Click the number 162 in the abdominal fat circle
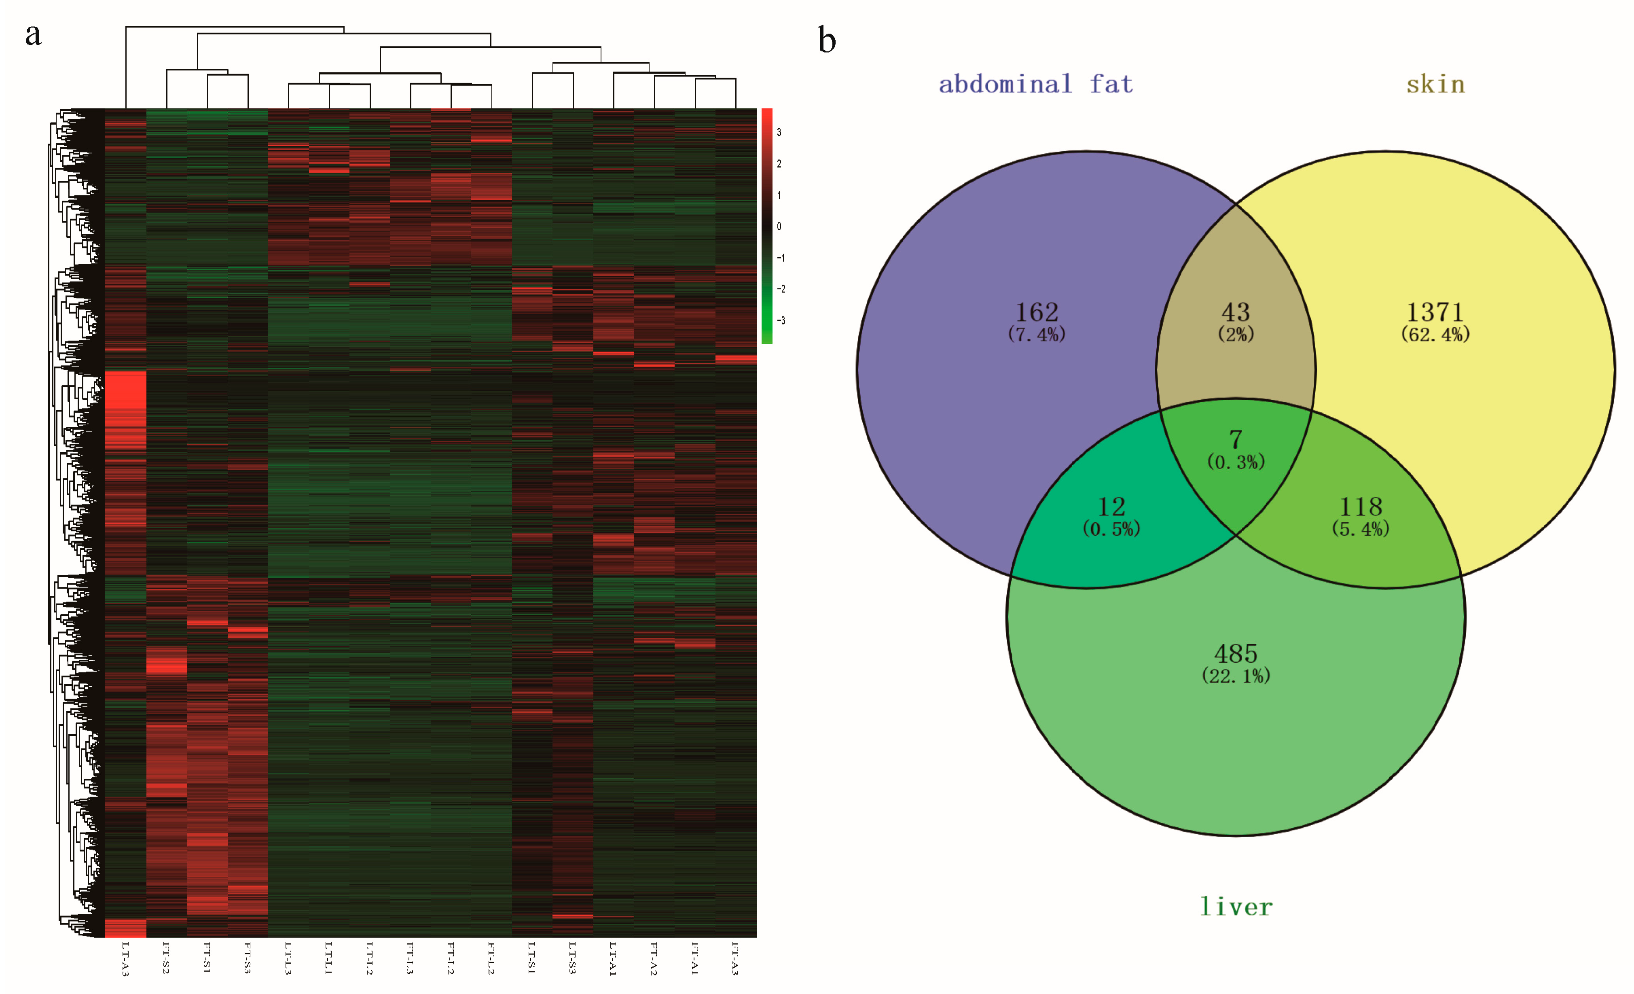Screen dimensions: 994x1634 1037,312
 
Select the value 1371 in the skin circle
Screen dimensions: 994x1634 1434,312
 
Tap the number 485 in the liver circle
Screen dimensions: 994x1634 1236,654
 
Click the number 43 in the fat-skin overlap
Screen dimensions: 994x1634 1236,312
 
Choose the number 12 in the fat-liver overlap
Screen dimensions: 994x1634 1111,507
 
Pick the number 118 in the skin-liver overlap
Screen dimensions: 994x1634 1360,507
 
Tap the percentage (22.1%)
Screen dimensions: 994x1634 1236,676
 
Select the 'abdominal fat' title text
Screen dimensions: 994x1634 1036,84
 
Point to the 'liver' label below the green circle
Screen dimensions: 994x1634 1236,907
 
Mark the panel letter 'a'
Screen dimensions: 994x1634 33,34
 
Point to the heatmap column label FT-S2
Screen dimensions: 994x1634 166,958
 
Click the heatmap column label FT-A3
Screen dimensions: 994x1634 735,958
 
